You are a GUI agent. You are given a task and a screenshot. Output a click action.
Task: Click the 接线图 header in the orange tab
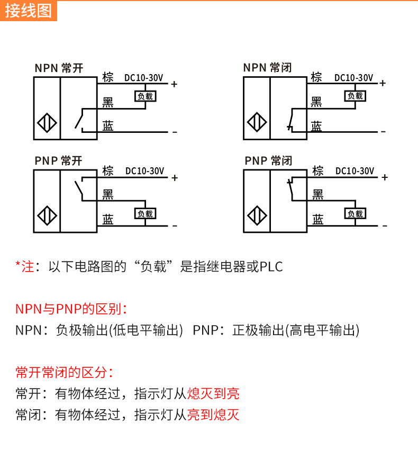point(29,10)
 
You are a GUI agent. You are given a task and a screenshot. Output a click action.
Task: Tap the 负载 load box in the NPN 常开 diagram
point(145,96)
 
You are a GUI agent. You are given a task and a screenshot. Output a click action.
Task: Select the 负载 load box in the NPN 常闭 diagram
point(355,96)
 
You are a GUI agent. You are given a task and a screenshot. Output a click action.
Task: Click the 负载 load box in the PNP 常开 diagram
point(145,214)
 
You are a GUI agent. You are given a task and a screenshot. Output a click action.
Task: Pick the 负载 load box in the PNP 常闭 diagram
point(355,214)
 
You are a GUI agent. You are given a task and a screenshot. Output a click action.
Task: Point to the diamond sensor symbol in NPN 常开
point(47,123)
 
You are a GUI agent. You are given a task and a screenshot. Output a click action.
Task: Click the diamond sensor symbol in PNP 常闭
point(257,217)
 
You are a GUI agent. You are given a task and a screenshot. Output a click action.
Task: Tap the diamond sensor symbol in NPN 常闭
point(257,123)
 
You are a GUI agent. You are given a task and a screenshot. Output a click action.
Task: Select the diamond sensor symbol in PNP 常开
point(47,217)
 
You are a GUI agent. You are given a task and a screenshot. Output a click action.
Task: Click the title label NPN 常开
point(59,68)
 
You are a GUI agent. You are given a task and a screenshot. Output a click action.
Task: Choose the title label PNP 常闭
point(268,161)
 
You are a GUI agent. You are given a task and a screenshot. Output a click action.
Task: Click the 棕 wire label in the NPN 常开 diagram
point(108,77)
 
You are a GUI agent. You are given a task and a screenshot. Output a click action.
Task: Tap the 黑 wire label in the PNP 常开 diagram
point(108,195)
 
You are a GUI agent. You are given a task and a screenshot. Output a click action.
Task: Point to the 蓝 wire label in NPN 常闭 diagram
point(316,125)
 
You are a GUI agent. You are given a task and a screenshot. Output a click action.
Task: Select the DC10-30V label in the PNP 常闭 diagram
point(355,171)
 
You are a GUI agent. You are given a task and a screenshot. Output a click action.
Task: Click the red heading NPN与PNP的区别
point(71,309)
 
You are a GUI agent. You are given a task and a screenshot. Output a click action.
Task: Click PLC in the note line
point(271,267)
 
